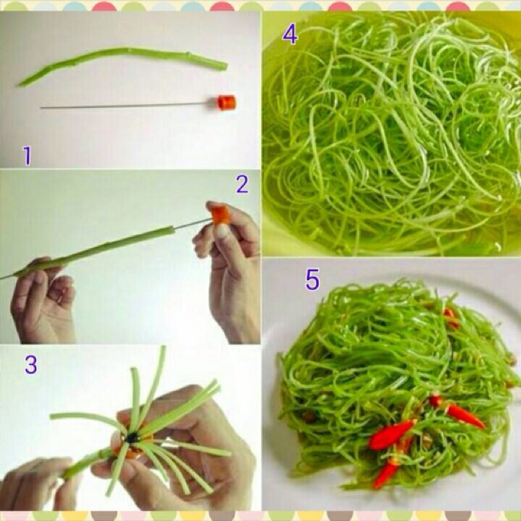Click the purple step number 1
click(27, 155)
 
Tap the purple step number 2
click(243, 184)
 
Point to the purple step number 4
click(290, 34)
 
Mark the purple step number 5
click(313, 279)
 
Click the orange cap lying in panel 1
click(226, 103)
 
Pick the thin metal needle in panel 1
click(129, 106)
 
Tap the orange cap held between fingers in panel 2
click(221, 214)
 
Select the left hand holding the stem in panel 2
click(43, 299)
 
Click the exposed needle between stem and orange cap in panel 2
click(194, 223)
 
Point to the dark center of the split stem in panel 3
click(133, 438)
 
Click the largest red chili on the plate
click(392, 435)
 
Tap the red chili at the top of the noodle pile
click(451, 317)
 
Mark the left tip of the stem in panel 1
click(18, 85)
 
